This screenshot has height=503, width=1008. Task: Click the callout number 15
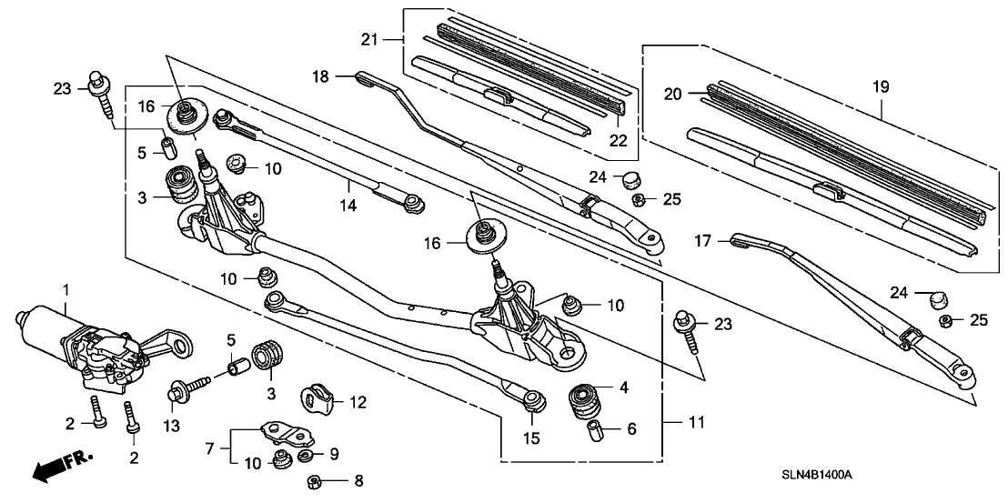pyautogui.click(x=531, y=438)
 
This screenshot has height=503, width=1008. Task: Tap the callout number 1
pyautogui.click(x=65, y=289)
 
